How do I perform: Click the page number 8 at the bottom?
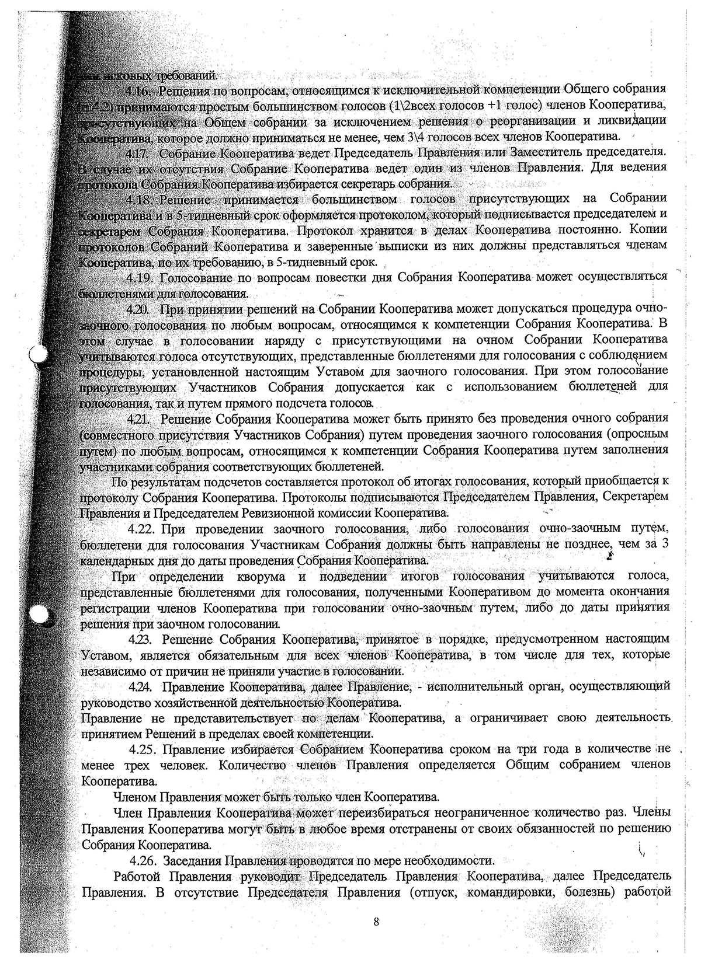[376, 922]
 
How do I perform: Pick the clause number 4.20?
[140, 308]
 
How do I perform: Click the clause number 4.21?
[140, 418]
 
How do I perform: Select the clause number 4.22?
[141, 529]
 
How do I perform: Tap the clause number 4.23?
[140, 639]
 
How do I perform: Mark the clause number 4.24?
[140, 686]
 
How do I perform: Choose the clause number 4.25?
[142, 749]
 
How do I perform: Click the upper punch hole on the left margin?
[37, 354]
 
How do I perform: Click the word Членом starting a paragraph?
[134, 796]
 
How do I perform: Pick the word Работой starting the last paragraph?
[137, 876]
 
